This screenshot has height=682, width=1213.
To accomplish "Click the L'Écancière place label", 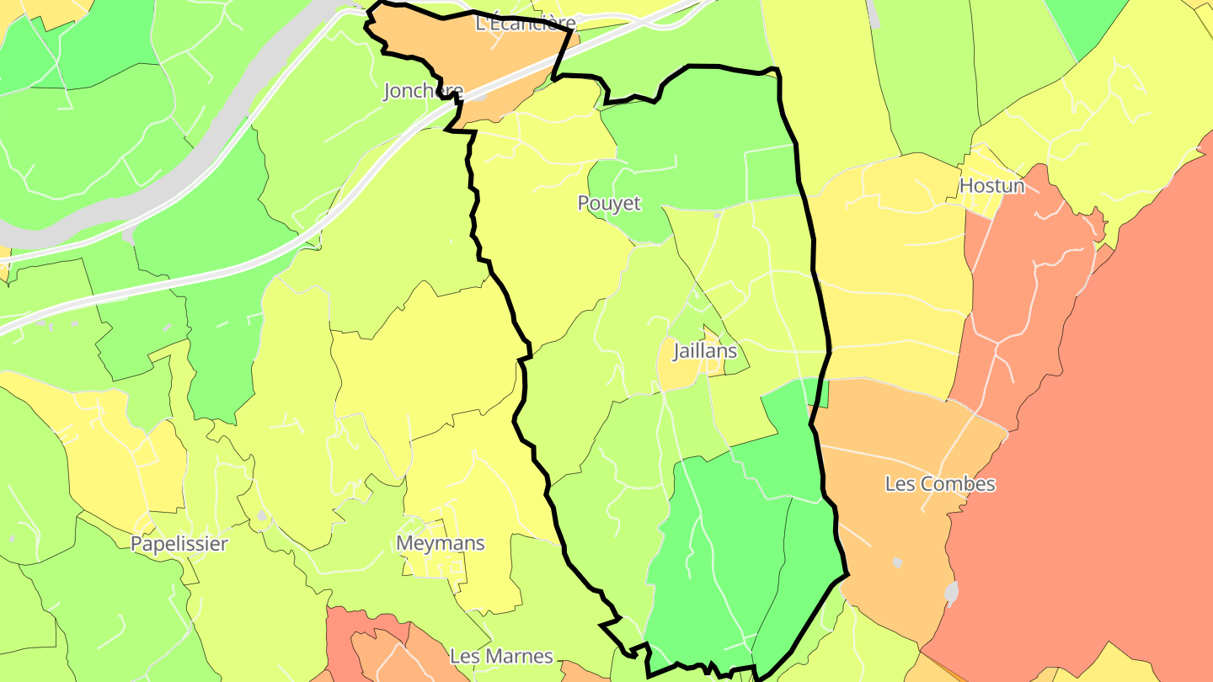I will [525, 24].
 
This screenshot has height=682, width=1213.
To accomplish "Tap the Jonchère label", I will [423, 91].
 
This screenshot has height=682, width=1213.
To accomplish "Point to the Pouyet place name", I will [608, 204].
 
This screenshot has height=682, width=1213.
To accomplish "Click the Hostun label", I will [992, 186].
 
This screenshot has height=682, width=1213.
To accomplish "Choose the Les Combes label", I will [940, 484].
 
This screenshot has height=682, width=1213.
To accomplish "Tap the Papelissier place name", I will [179, 544].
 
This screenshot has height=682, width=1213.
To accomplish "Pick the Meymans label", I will [441, 543].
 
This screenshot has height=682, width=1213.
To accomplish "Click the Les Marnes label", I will [501, 656].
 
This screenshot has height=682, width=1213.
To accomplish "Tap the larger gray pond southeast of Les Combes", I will [952, 594].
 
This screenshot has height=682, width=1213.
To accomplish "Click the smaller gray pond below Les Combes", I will [897, 562].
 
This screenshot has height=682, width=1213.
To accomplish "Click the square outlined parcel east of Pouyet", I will [771, 173].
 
